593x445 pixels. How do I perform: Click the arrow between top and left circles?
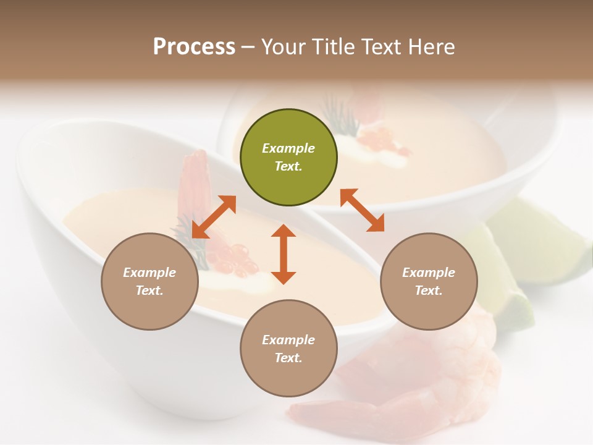click(x=214, y=217)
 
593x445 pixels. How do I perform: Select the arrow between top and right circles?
click(x=362, y=211)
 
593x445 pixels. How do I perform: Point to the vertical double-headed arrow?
click(x=284, y=254)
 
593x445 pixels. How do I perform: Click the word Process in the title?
click(x=194, y=46)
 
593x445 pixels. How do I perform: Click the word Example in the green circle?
click(x=288, y=148)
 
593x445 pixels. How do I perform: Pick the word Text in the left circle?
click(x=149, y=290)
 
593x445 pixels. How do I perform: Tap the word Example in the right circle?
click(x=429, y=273)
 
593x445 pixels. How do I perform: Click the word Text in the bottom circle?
click(x=288, y=358)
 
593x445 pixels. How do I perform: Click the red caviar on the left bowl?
click(x=238, y=260)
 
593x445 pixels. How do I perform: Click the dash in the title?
click(x=248, y=47)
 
